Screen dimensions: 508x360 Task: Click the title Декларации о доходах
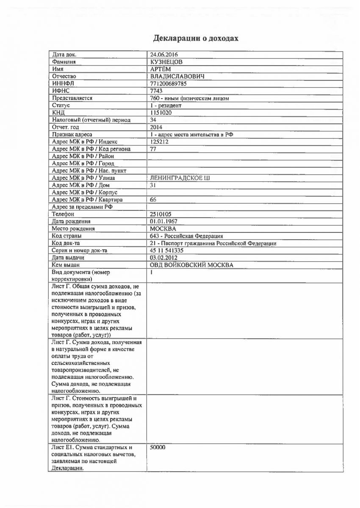point(196,39)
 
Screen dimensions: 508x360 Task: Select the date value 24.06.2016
point(164,55)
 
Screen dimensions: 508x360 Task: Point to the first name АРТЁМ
point(161,69)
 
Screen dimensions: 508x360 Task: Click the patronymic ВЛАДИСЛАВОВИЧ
point(177,76)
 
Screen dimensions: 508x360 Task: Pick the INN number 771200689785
point(168,83)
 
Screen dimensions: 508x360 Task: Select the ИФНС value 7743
point(157,91)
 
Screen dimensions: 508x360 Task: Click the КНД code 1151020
point(160,113)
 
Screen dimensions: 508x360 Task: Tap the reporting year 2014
point(156,127)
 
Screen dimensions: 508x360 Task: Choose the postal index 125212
point(159,141)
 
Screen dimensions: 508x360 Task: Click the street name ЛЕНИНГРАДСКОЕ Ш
point(180,178)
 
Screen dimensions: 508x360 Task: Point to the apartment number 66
point(153,199)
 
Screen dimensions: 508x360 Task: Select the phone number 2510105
point(161,214)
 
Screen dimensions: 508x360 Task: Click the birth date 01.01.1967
point(163,221)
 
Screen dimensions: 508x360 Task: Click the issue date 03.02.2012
point(163,257)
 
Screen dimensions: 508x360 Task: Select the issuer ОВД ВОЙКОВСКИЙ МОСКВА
point(191,265)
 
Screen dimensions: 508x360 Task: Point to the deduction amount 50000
point(158,447)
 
